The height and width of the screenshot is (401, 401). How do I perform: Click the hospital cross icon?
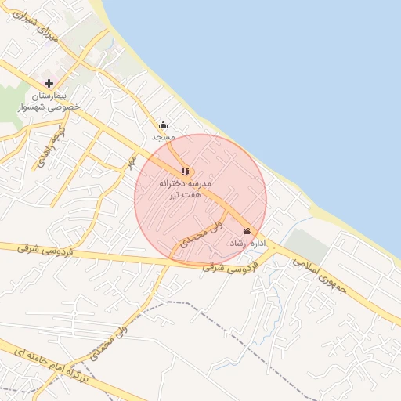point(49,83)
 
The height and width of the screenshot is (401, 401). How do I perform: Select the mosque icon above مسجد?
point(163,125)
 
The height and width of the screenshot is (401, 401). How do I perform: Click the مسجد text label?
point(163,137)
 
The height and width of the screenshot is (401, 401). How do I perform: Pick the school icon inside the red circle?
point(185,171)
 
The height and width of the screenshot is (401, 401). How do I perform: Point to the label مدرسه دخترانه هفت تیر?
point(186,187)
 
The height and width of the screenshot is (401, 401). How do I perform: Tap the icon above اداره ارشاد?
point(248,231)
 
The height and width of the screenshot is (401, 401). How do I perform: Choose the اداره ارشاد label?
point(248,244)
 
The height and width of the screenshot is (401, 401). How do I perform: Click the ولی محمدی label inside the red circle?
point(202,233)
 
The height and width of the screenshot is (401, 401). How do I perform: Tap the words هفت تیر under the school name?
point(186,193)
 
